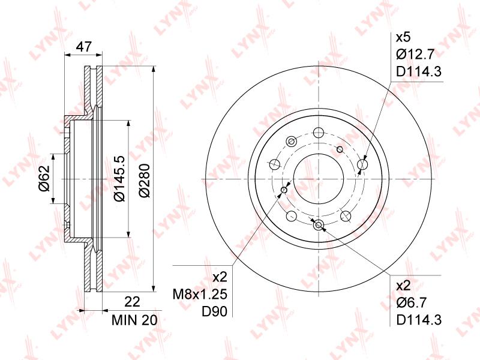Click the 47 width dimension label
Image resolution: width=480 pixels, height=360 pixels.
pyautogui.click(x=83, y=47)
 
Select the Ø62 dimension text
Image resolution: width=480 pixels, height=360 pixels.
pyautogui.click(x=44, y=178)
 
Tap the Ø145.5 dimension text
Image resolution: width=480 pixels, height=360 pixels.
pyautogui.click(x=119, y=178)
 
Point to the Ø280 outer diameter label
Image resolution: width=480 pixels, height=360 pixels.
pyautogui.click(x=145, y=181)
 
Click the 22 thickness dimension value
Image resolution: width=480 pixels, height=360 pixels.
pyautogui.click(x=133, y=302)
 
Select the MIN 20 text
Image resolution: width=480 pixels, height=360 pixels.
pyautogui.click(x=134, y=320)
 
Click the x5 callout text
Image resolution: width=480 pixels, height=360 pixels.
pyautogui.click(x=403, y=38)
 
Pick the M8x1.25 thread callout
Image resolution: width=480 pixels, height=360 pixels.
pyautogui.click(x=200, y=295)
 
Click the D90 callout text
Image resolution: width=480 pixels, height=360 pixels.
pyautogui.click(x=214, y=311)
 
